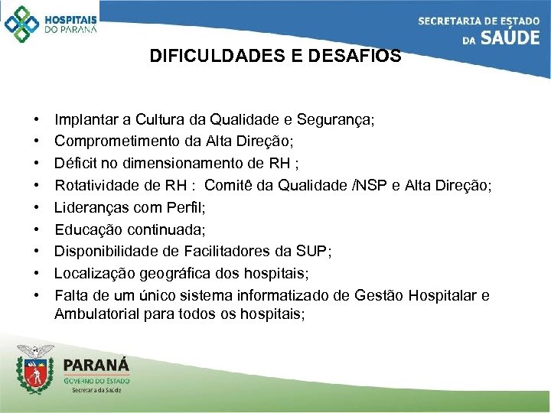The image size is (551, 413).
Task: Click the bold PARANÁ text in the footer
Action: pyautogui.click(x=96, y=366)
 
